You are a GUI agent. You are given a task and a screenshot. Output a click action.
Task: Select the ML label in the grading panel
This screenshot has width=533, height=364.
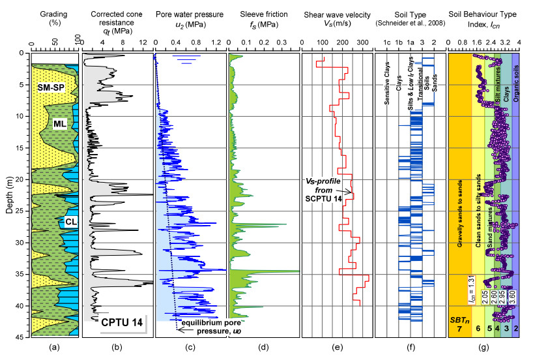point(61,124)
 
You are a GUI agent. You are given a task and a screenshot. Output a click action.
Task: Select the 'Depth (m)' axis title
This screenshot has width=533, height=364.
point(7,194)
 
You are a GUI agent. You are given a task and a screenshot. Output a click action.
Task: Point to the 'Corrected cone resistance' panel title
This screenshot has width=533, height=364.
point(117,14)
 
